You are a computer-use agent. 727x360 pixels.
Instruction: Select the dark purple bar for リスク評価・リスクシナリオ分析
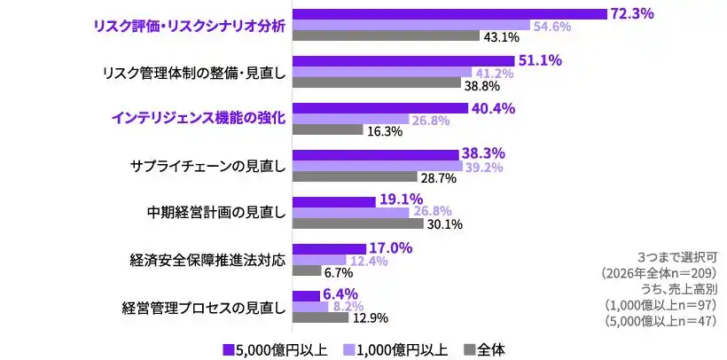click(x=449, y=13)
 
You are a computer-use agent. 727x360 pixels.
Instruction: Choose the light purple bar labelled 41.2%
click(x=382, y=73)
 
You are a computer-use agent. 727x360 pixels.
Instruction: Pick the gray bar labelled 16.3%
click(x=328, y=130)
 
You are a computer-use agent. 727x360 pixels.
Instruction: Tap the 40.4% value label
click(x=492, y=108)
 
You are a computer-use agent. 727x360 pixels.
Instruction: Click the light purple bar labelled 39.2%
click(x=378, y=166)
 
